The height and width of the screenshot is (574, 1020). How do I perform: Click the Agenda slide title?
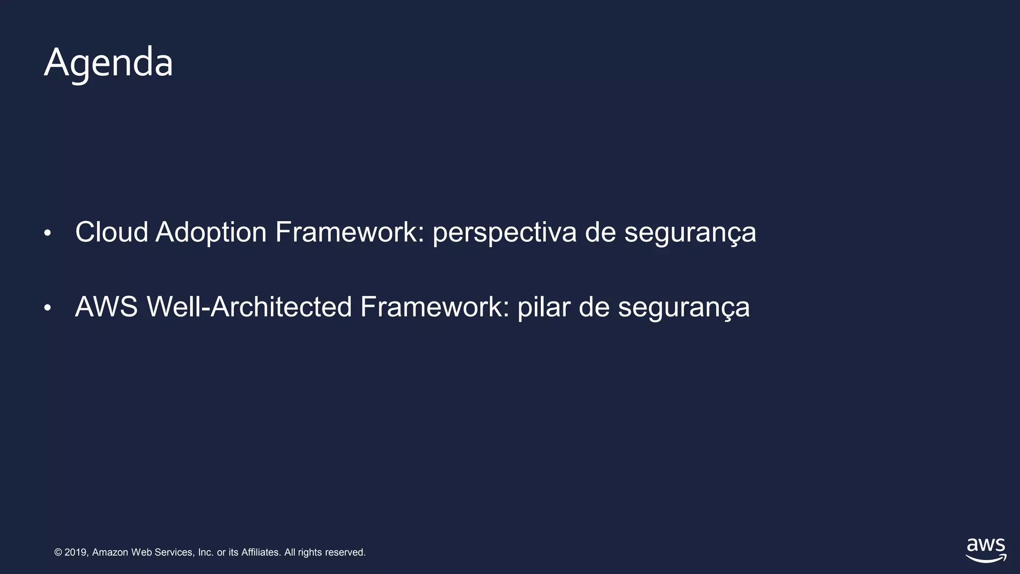(108, 63)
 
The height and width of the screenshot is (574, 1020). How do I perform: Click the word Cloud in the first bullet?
(112, 232)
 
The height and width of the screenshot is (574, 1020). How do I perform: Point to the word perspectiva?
(505, 233)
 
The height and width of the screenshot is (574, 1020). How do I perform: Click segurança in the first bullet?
(690, 233)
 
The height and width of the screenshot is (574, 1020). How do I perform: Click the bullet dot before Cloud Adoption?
(47, 233)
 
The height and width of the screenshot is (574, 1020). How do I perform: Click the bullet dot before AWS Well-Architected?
(47, 308)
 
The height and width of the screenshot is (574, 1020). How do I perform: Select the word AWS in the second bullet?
(106, 307)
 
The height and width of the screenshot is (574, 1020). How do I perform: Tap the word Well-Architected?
(249, 307)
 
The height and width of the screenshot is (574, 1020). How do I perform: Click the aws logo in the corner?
(986, 546)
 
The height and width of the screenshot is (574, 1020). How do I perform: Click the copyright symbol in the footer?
(58, 553)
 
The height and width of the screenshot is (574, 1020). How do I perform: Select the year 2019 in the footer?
(76, 553)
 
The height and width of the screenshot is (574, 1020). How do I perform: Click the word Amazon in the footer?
(110, 553)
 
